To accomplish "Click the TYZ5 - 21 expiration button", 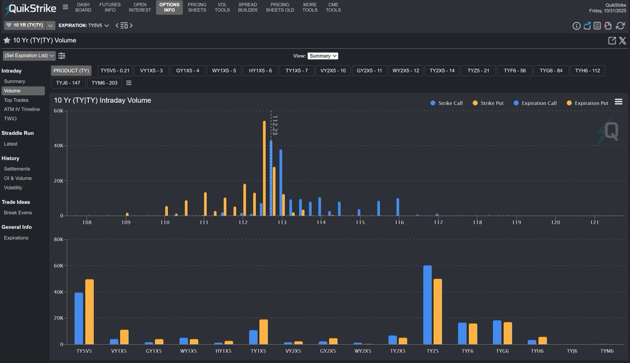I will pyautogui.click(x=478, y=70).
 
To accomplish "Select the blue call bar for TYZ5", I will pyautogui.click(x=427, y=305).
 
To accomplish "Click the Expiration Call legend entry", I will pyautogui.click(x=535, y=103).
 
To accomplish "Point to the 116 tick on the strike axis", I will pyautogui.click(x=399, y=223).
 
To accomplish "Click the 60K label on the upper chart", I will pyautogui.click(x=58, y=111).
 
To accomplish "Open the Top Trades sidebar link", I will pyautogui.click(x=16, y=100).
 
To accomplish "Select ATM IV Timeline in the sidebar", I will pyautogui.click(x=22, y=110).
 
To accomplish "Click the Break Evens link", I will pyautogui.click(x=18, y=213).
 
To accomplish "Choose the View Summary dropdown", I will pyautogui.click(x=322, y=56).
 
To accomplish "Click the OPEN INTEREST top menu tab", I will pyautogui.click(x=140, y=7).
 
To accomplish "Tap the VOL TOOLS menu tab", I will pyautogui.click(x=222, y=7).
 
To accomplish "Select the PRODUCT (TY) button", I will pyautogui.click(x=71, y=70).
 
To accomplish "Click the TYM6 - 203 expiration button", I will pyautogui.click(x=104, y=83).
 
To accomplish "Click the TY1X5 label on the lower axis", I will pyautogui.click(x=259, y=351).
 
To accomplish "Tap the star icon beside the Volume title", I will pyautogui.click(x=7, y=40).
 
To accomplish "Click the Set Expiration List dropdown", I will pyautogui.click(x=29, y=56).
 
